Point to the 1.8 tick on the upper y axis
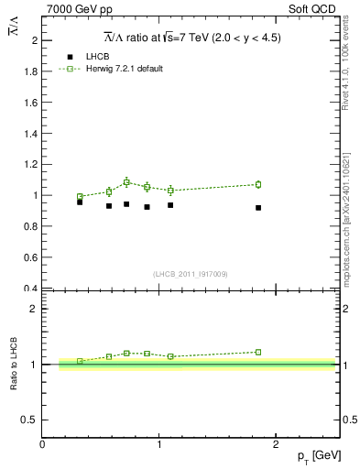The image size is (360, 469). click(x=32, y=71)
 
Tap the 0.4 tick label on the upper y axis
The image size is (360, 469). click(x=32, y=289)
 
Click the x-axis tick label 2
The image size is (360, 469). click(x=278, y=444)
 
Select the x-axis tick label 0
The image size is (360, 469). click(x=43, y=444)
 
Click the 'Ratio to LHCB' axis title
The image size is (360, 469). click(x=15, y=364)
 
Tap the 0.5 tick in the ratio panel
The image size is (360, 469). click(x=30, y=420)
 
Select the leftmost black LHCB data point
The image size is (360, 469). click(x=80, y=202)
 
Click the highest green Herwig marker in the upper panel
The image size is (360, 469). click(x=126, y=182)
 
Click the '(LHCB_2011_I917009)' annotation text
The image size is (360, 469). click(x=191, y=274)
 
